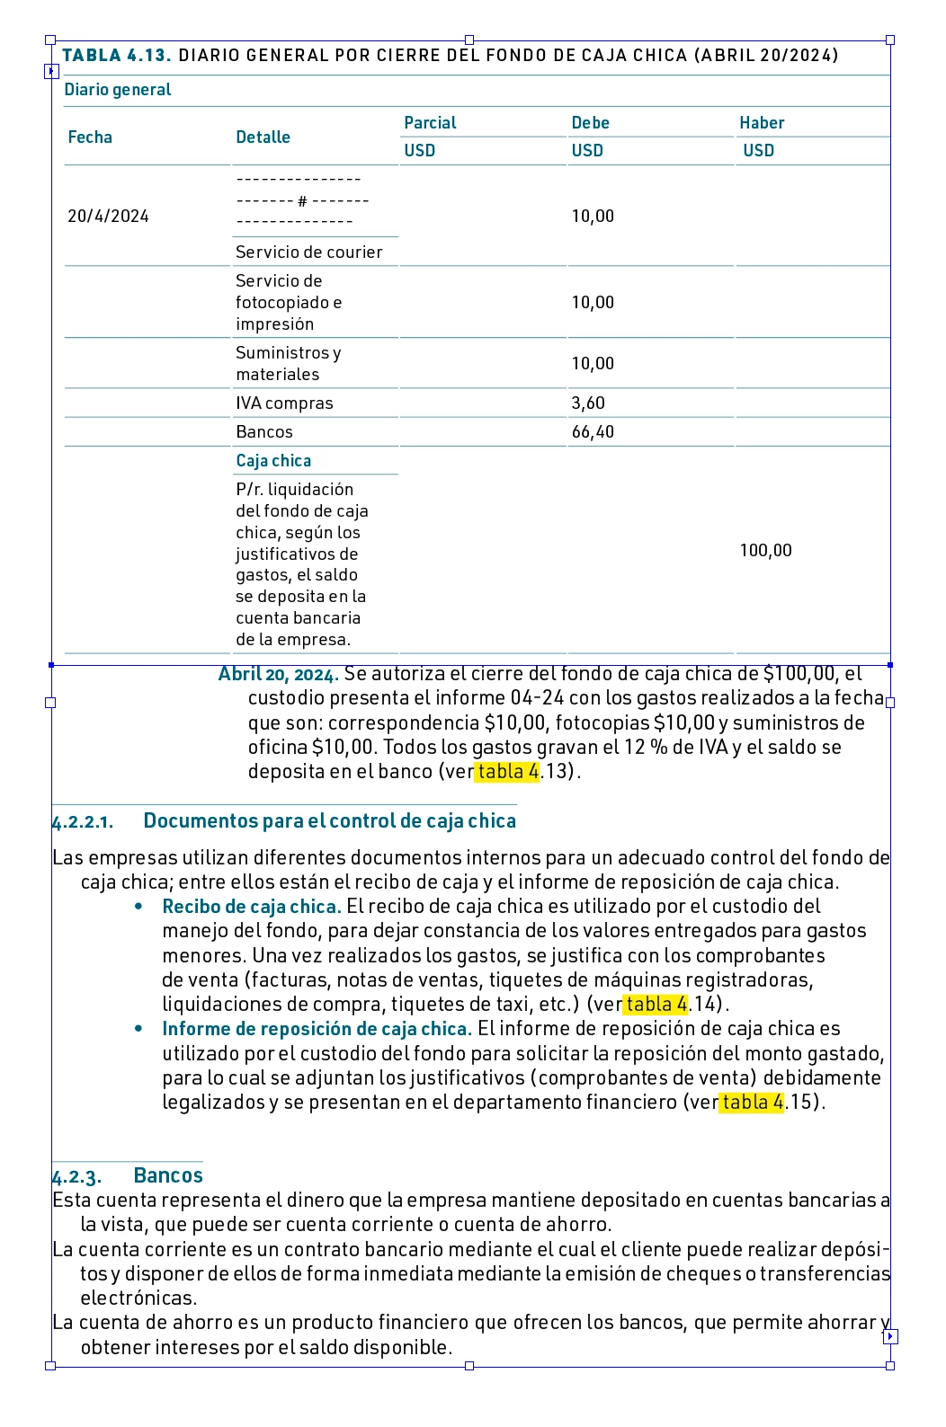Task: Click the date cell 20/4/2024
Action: click(x=108, y=217)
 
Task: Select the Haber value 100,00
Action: click(x=765, y=551)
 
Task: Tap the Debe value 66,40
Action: click(x=593, y=432)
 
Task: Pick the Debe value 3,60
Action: click(x=588, y=403)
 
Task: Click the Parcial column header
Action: click(x=430, y=123)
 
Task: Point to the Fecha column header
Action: click(x=90, y=137)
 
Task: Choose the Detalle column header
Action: click(x=263, y=137)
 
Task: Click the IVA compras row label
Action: click(x=284, y=403)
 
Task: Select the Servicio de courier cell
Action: click(x=308, y=253)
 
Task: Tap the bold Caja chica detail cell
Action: click(x=273, y=461)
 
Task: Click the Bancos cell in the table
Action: click(x=264, y=432)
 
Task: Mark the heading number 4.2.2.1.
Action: click(x=83, y=822)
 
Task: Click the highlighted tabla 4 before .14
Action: click(x=656, y=1004)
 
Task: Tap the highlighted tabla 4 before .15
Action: click(x=753, y=1102)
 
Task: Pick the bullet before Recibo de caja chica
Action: click(x=138, y=907)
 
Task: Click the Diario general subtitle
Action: click(x=118, y=90)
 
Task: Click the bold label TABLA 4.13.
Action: click(x=116, y=56)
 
